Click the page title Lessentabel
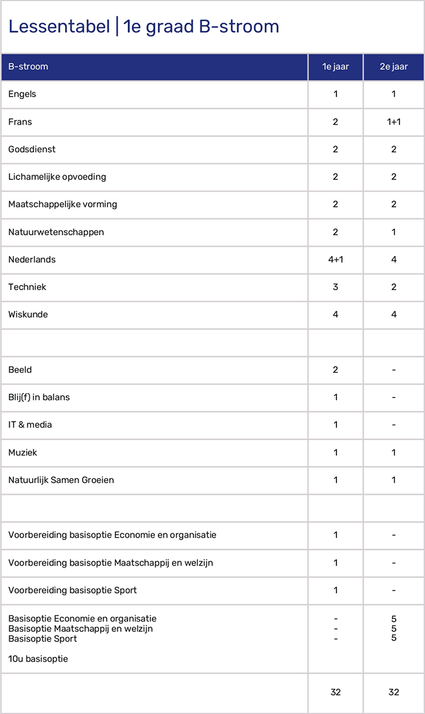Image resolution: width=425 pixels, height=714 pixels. (x=143, y=27)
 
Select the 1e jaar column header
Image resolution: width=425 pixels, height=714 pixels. (x=335, y=67)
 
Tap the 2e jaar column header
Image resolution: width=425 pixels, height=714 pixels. (x=393, y=67)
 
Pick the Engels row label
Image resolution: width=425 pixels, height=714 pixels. (x=22, y=94)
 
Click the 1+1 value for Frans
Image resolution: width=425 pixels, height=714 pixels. (x=393, y=122)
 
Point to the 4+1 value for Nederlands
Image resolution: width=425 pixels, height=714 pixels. (x=335, y=260)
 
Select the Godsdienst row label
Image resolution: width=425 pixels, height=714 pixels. (x=32, y=150)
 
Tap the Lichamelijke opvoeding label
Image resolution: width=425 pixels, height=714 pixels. (x=57, y=177)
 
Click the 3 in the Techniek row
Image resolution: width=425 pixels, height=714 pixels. (x=335, y=287)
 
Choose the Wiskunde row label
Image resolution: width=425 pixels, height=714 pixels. (x=28, y=314)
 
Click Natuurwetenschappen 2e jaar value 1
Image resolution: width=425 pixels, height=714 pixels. (x=393, y=232)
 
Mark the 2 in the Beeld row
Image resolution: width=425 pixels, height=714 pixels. (x=335, y=370)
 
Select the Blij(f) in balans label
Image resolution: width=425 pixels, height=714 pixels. (x=39, y=397)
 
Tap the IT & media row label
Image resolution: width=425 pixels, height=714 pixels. (x=30, y=425)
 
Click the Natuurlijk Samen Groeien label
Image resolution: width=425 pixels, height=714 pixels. (x=61, y=480)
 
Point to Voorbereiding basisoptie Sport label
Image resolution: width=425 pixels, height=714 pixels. (x=73, y=590)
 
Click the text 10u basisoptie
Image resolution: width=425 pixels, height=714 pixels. (x=38, y=659)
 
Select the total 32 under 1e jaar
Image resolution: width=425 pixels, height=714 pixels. (x=335, y=692)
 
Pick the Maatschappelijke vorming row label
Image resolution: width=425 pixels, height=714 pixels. (x=63, y=204)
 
